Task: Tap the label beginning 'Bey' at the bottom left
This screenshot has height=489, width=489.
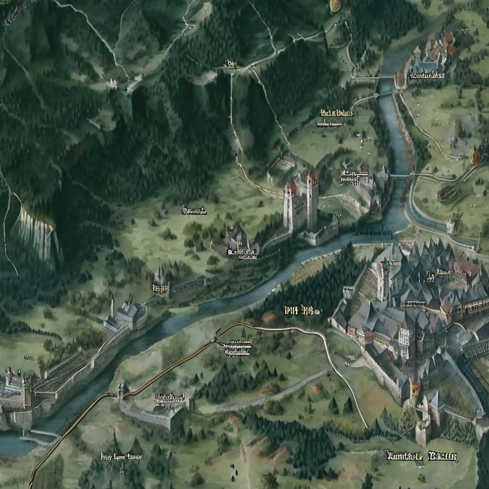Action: coord(121,456)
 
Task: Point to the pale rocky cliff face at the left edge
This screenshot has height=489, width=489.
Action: coord(36,234)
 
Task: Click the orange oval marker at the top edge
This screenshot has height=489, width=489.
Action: coord(336,5)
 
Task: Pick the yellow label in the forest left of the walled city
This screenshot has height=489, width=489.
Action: coord(301,311)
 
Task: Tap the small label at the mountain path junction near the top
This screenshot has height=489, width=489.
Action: coord(232,63)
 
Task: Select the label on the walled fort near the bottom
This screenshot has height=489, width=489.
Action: coord(170,397)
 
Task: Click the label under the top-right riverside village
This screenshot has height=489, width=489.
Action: coord(427,75)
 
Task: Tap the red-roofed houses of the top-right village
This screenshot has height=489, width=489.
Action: coord(446,43)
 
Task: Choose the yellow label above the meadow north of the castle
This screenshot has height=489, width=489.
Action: coord(337,114)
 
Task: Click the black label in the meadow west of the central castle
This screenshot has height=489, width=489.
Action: coord(194,210)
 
